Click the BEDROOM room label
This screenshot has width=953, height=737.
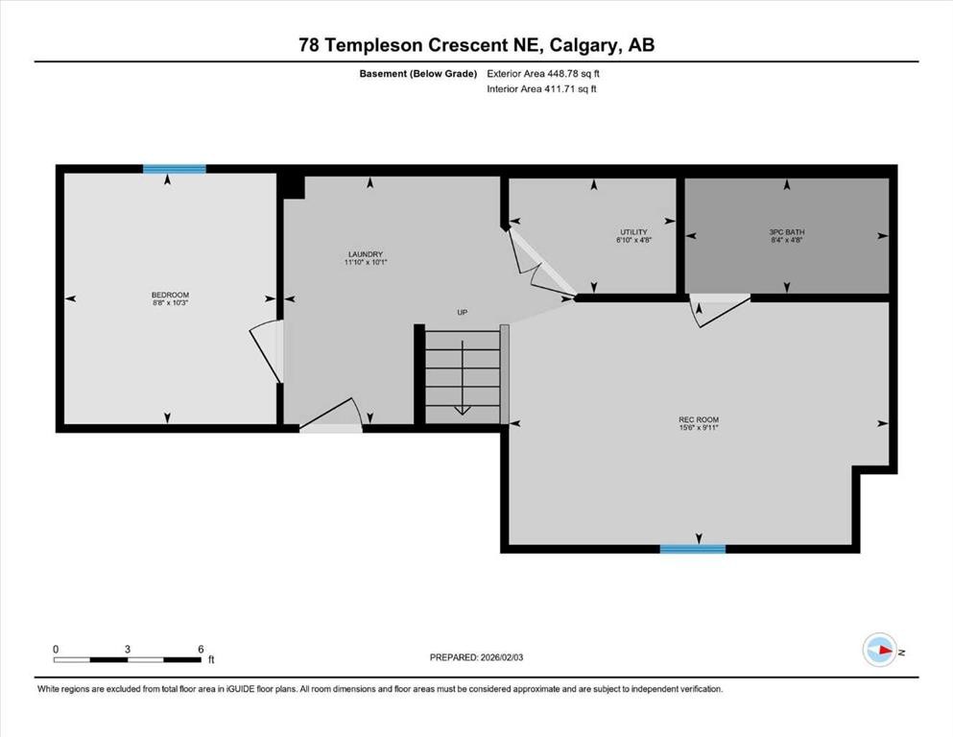click(170, 295)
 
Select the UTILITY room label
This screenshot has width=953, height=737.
click(633, 231)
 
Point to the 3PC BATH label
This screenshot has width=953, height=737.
click(787, 231)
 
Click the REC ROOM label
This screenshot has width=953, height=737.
click(699, 419)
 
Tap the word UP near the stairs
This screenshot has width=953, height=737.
click(462, 312)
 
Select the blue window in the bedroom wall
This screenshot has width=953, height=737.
click(175, 169)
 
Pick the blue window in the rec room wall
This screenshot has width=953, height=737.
click(693, 549)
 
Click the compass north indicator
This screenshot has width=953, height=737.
click(879, 650)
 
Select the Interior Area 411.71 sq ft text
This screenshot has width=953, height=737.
click(541, 89)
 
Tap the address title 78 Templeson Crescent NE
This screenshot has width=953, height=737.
click(476, 44)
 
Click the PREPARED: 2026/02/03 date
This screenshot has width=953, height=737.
click(477, 657)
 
